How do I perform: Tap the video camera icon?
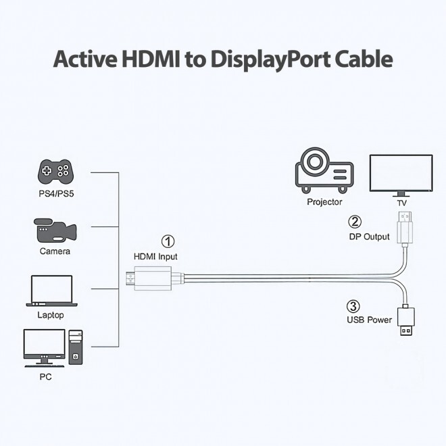click(53, 230)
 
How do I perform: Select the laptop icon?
click(51, 291)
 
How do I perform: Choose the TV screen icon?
click(401, 174)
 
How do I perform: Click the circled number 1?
click(168, 241)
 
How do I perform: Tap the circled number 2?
click(355, 222)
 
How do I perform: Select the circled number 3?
click(353, 305)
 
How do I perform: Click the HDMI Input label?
click(156, 257)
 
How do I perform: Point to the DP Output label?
click(369, 237)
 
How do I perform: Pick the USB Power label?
click(369, 320)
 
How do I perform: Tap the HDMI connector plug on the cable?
click(153, 277)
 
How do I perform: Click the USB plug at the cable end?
click(406, 321)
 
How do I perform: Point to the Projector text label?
click(324, 202)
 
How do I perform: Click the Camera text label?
click(54, 251)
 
